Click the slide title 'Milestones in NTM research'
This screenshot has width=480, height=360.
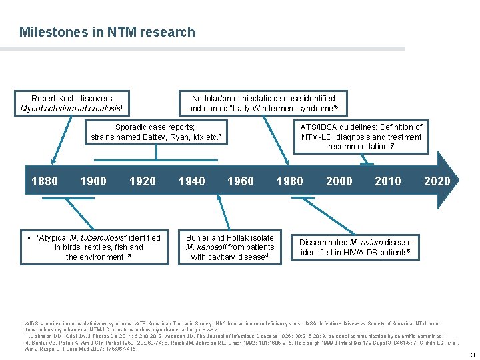coord(107,32)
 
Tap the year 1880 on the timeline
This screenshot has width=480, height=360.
coord(45,181)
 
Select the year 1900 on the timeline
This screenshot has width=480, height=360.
coord(93,181)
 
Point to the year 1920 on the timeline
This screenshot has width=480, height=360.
coord(142,181)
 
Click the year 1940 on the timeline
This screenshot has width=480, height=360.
coord(191,181)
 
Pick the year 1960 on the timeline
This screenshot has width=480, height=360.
coord(240,181)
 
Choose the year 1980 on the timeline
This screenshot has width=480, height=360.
coord(289,181)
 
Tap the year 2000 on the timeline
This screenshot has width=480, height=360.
coord(339,181)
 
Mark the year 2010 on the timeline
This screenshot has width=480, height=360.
coord(388,181)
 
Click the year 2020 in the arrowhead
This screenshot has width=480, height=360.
coord(437,181)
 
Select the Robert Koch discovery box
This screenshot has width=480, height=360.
coord(72,103)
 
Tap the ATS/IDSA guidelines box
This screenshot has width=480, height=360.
coord(361,137)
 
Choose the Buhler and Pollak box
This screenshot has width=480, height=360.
coord(230,247)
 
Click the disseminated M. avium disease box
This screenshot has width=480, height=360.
coord(356,247)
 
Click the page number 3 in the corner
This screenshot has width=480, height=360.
coord(473,354)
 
